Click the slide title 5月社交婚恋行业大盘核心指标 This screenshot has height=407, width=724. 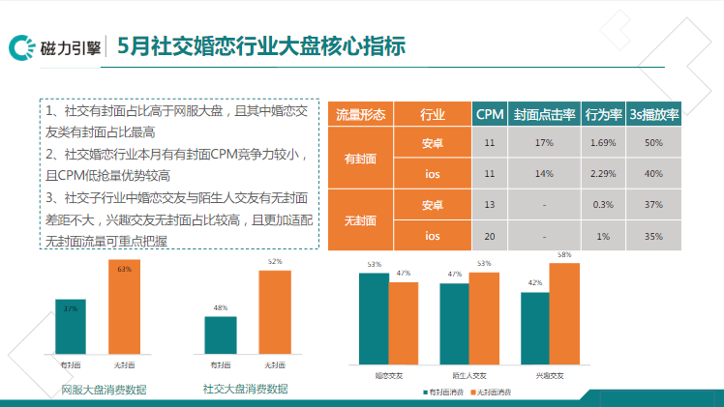(x=260, y=45)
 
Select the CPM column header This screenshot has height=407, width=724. (x=490, y=114)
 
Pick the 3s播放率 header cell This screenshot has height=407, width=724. (x=653, y=114)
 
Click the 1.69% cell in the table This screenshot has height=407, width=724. (x=602, y=143)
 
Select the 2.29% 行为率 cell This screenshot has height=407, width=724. (x=602, y=174)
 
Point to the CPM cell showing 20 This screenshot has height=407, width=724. (x=490, y=236)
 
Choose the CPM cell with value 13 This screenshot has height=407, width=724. (x=490, y=205)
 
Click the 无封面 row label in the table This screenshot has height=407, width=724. (x=361, y=220)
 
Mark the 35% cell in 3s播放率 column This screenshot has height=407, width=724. (x=653, y=236)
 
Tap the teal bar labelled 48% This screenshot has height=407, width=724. (x=221, y=334)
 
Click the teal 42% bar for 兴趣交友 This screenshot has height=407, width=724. (x=534, y=329)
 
